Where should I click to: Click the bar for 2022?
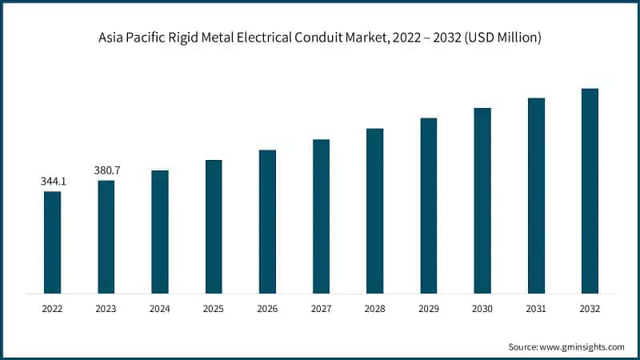(x=52, y=242)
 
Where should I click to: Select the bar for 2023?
(x=106, y=236)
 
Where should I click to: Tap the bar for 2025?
(x=214, y=226)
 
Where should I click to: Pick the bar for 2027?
(x=321, y=216)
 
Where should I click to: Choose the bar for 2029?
(x=429, y=205)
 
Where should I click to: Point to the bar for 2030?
(x=482, y=200)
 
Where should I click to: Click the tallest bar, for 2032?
(x=590, y=190)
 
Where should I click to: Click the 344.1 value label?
(x=53, y=182)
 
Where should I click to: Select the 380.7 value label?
(x=106, y=170)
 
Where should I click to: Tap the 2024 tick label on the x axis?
(x=160, y=307)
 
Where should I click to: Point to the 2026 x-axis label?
(x=267, y=307)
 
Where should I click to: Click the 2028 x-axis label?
(x=375, y=307)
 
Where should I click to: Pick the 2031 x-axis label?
(x=536, y=307)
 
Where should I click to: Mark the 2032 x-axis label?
(x=590, y=307)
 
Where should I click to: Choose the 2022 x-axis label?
(x=52, y=307)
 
